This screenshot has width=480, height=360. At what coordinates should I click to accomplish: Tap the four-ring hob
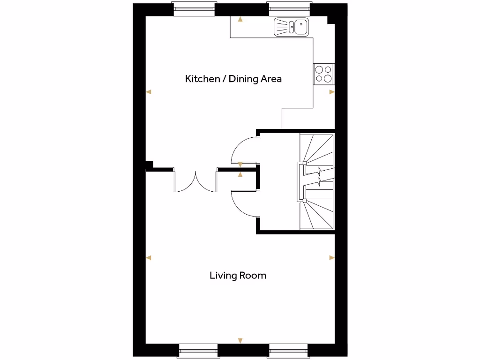click(x=323, y=74)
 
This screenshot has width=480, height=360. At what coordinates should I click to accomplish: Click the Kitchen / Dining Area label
click(x=233, y=79)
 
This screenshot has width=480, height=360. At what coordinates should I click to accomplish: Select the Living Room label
click(x=238, y=275)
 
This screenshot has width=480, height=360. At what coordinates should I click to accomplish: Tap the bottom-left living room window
click(x=199, y=350)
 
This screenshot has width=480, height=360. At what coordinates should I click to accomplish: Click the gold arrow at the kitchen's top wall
click(x=240, y=20)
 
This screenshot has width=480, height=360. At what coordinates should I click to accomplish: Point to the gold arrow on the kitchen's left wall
click(x=149, y=92)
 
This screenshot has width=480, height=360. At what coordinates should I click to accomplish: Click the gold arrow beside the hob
click(x=332, y=92)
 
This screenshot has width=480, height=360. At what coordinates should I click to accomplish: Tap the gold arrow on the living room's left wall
click(x=149, y=257)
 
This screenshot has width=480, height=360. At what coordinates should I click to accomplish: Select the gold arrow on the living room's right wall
click(x=332, y=257)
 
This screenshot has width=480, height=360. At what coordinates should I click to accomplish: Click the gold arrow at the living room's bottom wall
click(x=240, y=340)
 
